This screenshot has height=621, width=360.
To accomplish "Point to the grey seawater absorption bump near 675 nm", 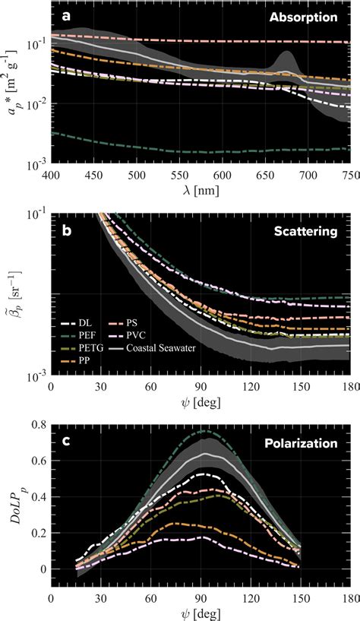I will coord(286,59).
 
